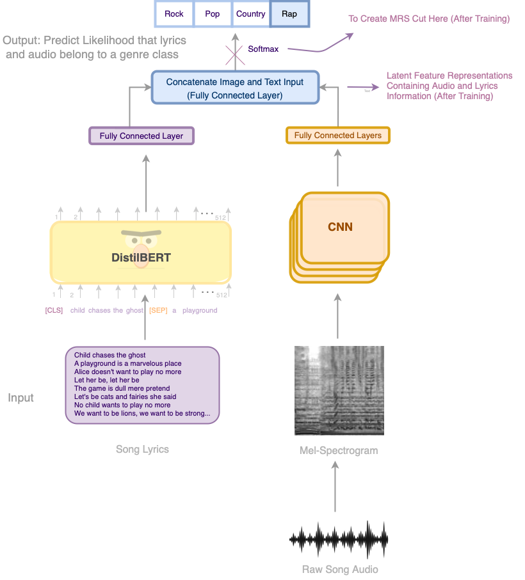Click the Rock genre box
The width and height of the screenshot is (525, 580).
(x=174, y=13)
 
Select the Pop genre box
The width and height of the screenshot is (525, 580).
(x=212, y=13)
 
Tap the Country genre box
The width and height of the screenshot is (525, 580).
(x=250, y=13)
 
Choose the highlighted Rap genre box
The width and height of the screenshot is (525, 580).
(x=289, y=13)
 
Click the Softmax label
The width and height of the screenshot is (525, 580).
(x=263, y=49)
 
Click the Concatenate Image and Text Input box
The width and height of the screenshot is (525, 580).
(x=235, y=88)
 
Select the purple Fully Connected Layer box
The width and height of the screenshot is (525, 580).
(x=141, y=136)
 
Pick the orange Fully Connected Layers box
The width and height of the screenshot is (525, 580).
(x=337, y=136)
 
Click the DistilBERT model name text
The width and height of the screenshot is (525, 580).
(x=141, y=258)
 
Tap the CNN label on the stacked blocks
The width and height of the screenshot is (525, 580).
(x=340, y=227)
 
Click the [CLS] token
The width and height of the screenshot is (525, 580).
(x=54, y=311)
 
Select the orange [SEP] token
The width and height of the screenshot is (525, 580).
(x=158, y=311)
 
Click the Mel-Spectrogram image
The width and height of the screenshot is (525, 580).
(x=339, y=391)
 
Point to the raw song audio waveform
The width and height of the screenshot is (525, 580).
(x=339, y=540)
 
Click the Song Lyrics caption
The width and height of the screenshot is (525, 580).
(x=142, y=450)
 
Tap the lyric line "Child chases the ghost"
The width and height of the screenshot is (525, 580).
(x=110, y=356)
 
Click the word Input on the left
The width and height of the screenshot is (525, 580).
(x=20, y=398)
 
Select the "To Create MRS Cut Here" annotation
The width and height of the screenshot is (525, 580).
(x=429, y=19)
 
